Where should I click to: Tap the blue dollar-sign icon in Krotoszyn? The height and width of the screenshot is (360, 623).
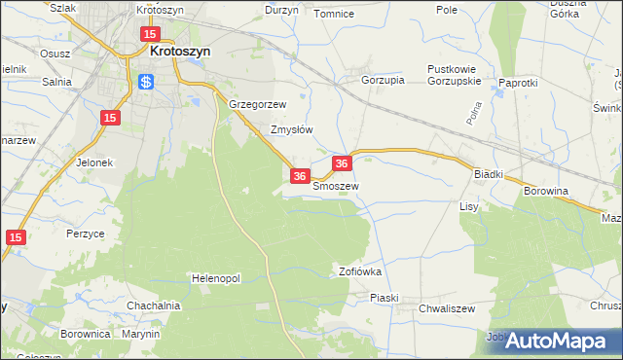[146, 82]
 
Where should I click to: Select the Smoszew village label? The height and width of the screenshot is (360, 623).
[337, 186]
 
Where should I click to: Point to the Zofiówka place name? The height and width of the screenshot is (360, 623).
[359, 271]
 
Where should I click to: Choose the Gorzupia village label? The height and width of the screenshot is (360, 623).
[383, 81]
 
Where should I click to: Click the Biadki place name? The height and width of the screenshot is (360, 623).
[488, 173]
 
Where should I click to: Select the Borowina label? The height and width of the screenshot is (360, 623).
[546, 193]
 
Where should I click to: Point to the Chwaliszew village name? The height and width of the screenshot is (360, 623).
[446, 308]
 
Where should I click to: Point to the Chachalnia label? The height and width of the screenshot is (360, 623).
[154, 306]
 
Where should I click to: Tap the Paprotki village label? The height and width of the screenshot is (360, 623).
[518, 83]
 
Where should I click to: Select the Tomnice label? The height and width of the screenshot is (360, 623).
[333, 14]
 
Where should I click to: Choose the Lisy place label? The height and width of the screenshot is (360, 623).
[469, 207]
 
